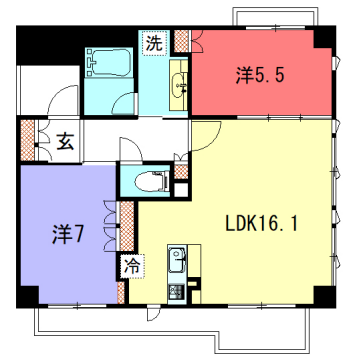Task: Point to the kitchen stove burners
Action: tap(176, 291)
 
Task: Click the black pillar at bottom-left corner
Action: tap(27, 296)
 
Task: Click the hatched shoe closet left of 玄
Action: tap(28, 140)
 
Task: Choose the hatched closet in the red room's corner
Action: tap(182, 41)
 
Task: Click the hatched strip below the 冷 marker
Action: tap(123, 290)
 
